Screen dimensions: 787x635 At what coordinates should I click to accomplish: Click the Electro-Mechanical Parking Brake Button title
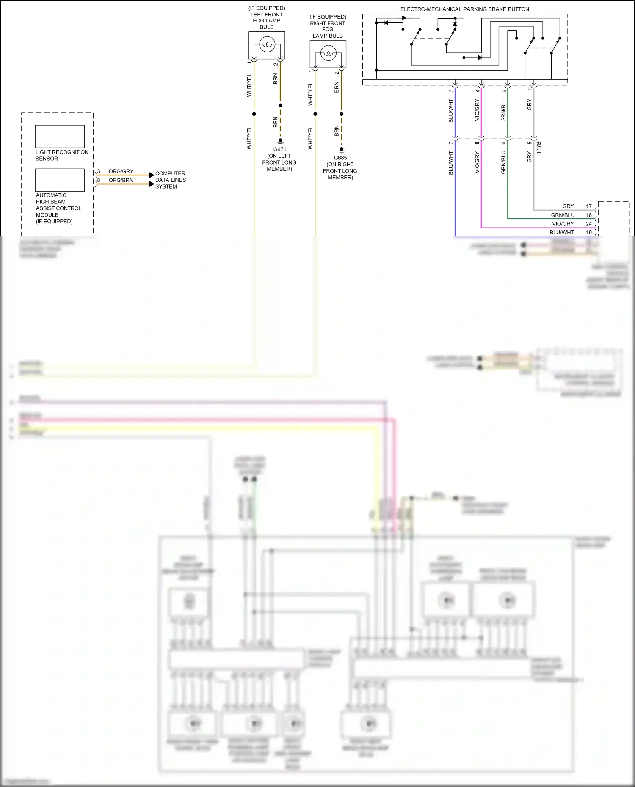pyautogui.click(x=464, y=9)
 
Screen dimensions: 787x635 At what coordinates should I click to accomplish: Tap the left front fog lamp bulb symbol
pyautogui.click(x=267, y=44)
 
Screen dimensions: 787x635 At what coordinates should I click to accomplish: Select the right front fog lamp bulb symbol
pyautogui.click(x=328, y=53)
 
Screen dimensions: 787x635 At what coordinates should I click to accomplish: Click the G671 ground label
pyautogui.click(x=279, y=149)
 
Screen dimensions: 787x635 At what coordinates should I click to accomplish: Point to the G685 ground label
pyautogui.click(x=340, y=158)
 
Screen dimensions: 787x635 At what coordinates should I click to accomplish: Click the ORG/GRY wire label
pyautogui.click(x=121, y=171)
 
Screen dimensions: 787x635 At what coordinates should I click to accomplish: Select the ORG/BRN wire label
pyautogui.click(x=121, y=180)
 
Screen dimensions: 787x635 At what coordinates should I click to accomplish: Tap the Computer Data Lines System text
pyautogui.click(x=170, y=180)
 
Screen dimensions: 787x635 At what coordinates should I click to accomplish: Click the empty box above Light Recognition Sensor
pyautogui.click(x=60, y=136)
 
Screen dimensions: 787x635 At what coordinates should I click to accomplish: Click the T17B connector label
pyautogui.click(x=539, y=147)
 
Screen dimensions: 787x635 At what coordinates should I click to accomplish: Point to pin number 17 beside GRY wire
pyautogui.click(x=588, y=206)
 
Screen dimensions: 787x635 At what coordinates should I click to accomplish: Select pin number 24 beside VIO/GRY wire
pyautogui.click(x=588, y=224)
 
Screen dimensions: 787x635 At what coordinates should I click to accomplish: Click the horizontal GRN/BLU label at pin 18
pyautogui.click(x=563, y=215)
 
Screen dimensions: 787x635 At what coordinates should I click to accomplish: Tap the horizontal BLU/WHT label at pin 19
pyautogui.click(x=561, y=232)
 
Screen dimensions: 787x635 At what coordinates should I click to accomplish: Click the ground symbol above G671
pyautogui.click(x=280, y=142)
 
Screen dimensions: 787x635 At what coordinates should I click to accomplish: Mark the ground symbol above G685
pyautogui.click(x=341, y=151)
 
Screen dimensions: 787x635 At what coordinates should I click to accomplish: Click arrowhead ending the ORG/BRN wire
pyautogui.click(x=152, y=184)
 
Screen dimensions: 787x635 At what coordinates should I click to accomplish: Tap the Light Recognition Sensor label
pyautogui.click(x=62, y=155)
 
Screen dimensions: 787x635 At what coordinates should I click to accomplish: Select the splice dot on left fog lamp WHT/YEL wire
pyautogui.click(x=254, y=114)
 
